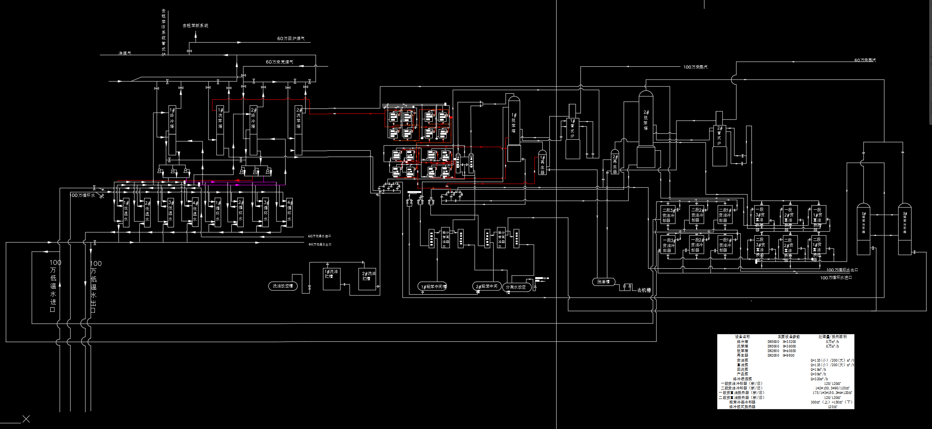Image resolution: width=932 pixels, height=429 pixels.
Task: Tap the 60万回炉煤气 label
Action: tap(291, 38)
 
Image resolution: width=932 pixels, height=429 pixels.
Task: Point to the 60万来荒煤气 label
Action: tap(279, 62)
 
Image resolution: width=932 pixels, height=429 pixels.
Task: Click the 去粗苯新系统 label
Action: tap(195, 26)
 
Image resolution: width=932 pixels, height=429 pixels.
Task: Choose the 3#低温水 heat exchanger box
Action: tap(171, 212)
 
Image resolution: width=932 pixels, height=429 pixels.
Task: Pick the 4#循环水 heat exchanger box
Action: tap(289, 212)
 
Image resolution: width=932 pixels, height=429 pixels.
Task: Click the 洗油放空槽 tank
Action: tap(283, 286)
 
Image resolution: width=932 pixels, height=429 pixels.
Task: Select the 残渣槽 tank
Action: tap(603, 282)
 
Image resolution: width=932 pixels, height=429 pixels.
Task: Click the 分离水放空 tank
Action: tap(516, 287)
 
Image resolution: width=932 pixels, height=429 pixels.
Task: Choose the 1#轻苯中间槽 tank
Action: tap(433, 286)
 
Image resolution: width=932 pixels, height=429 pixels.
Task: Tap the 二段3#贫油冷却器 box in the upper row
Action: tap(668, 215)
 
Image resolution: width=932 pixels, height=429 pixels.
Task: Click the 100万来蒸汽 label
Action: tap(695, 67)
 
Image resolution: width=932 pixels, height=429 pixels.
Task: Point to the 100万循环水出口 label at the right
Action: tap(842, 270)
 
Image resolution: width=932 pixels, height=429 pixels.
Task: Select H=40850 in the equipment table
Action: tap(789, 351)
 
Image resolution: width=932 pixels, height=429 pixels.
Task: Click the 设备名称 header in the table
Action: tap(742, 337)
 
